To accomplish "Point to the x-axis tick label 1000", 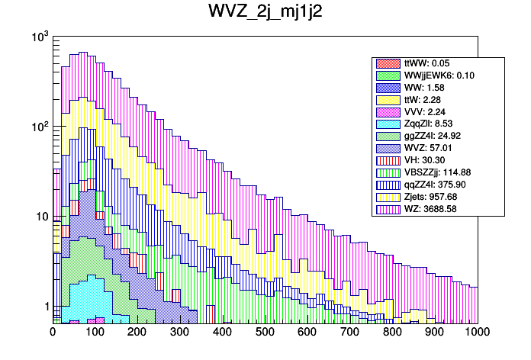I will coord(477,333).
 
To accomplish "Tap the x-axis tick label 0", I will coord(53,333).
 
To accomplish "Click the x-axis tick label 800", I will coord(392,333).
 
